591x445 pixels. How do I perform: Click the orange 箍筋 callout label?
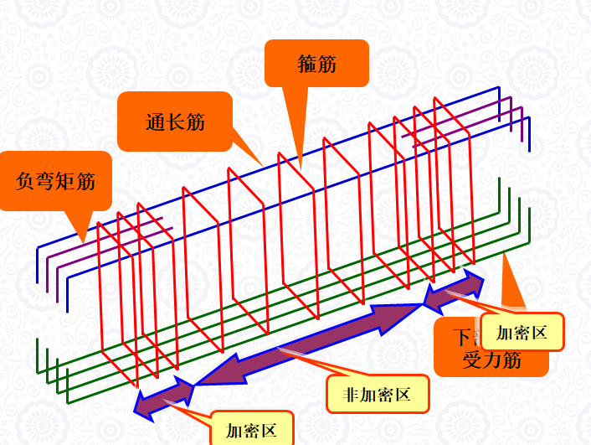[x=316, y=63]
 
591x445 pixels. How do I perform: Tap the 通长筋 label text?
[x=175, y=122]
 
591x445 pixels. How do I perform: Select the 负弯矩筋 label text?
[x=56, y=180]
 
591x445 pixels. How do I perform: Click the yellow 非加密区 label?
[x=378, y=394]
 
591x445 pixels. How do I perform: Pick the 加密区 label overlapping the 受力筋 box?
[x=522, y=333]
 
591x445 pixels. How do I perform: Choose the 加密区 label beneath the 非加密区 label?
[x=251, y=431]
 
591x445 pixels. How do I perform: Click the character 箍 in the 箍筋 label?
[x=306, y=64]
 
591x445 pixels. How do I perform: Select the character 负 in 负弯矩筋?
[x=26, y=181]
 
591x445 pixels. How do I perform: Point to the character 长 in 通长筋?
[x=175, y=122]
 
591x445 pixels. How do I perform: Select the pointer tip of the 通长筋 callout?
[x=263, y=164]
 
